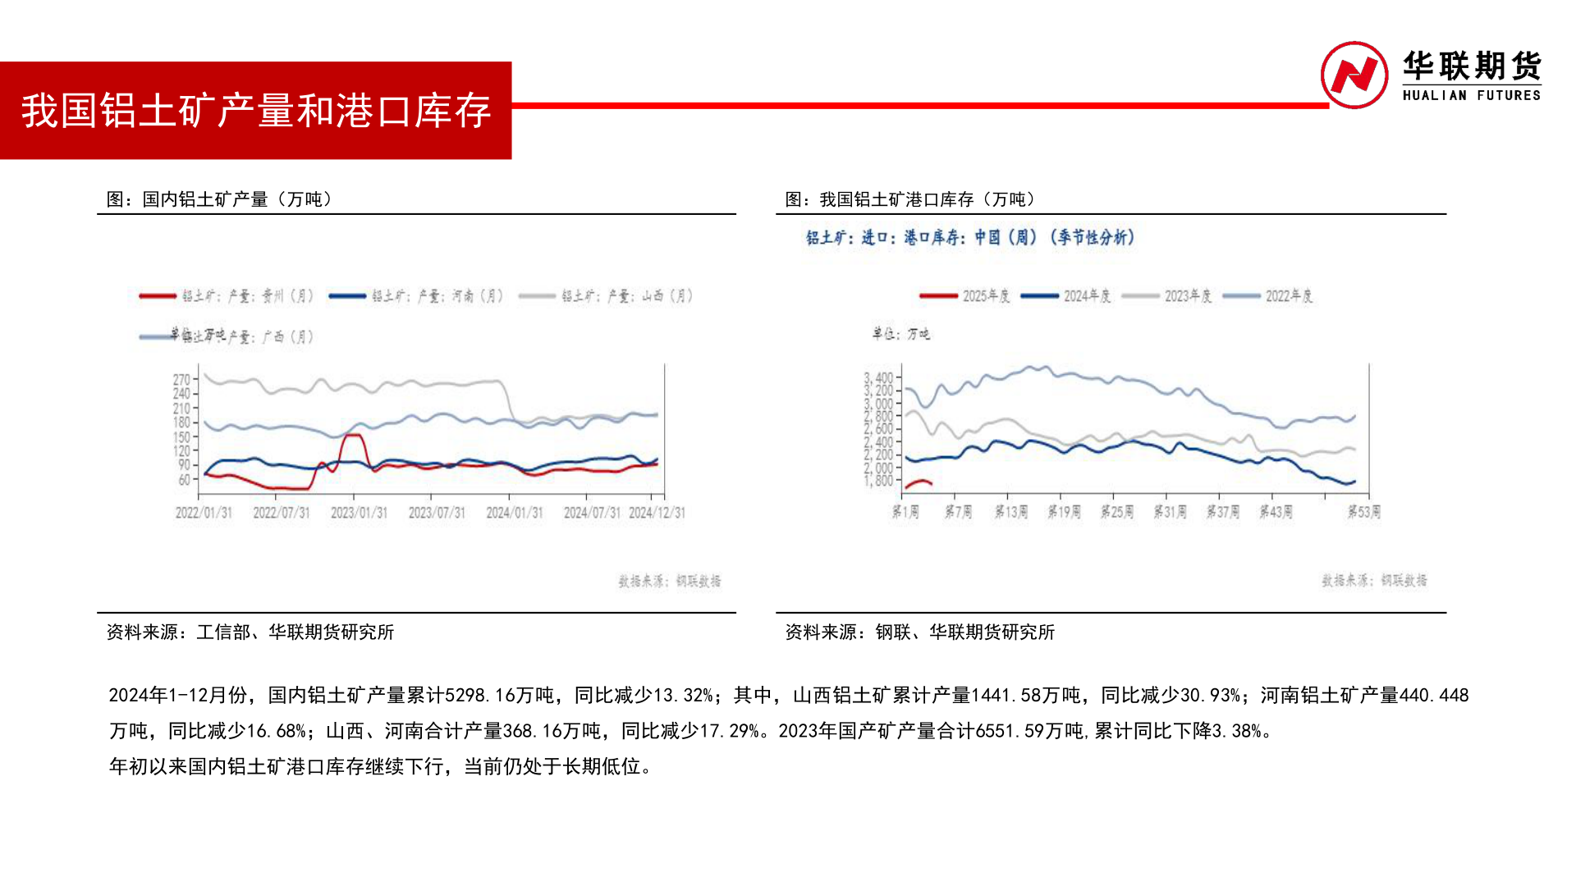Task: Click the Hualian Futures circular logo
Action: click(1354, 75)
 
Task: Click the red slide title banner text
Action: click(256, 111)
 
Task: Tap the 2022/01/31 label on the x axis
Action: click(204, 513)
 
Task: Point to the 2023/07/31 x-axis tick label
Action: click(437, 513)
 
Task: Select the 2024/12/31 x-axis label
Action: click(657, 513)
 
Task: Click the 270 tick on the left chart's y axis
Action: click(181, 379)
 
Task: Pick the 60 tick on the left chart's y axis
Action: click(184, 480)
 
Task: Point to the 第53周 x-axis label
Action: click(1363, 512)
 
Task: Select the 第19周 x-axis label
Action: click(1064, 512)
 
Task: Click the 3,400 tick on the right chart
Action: click(878, 378)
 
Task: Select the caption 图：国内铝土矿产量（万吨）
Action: click(219, 199)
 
